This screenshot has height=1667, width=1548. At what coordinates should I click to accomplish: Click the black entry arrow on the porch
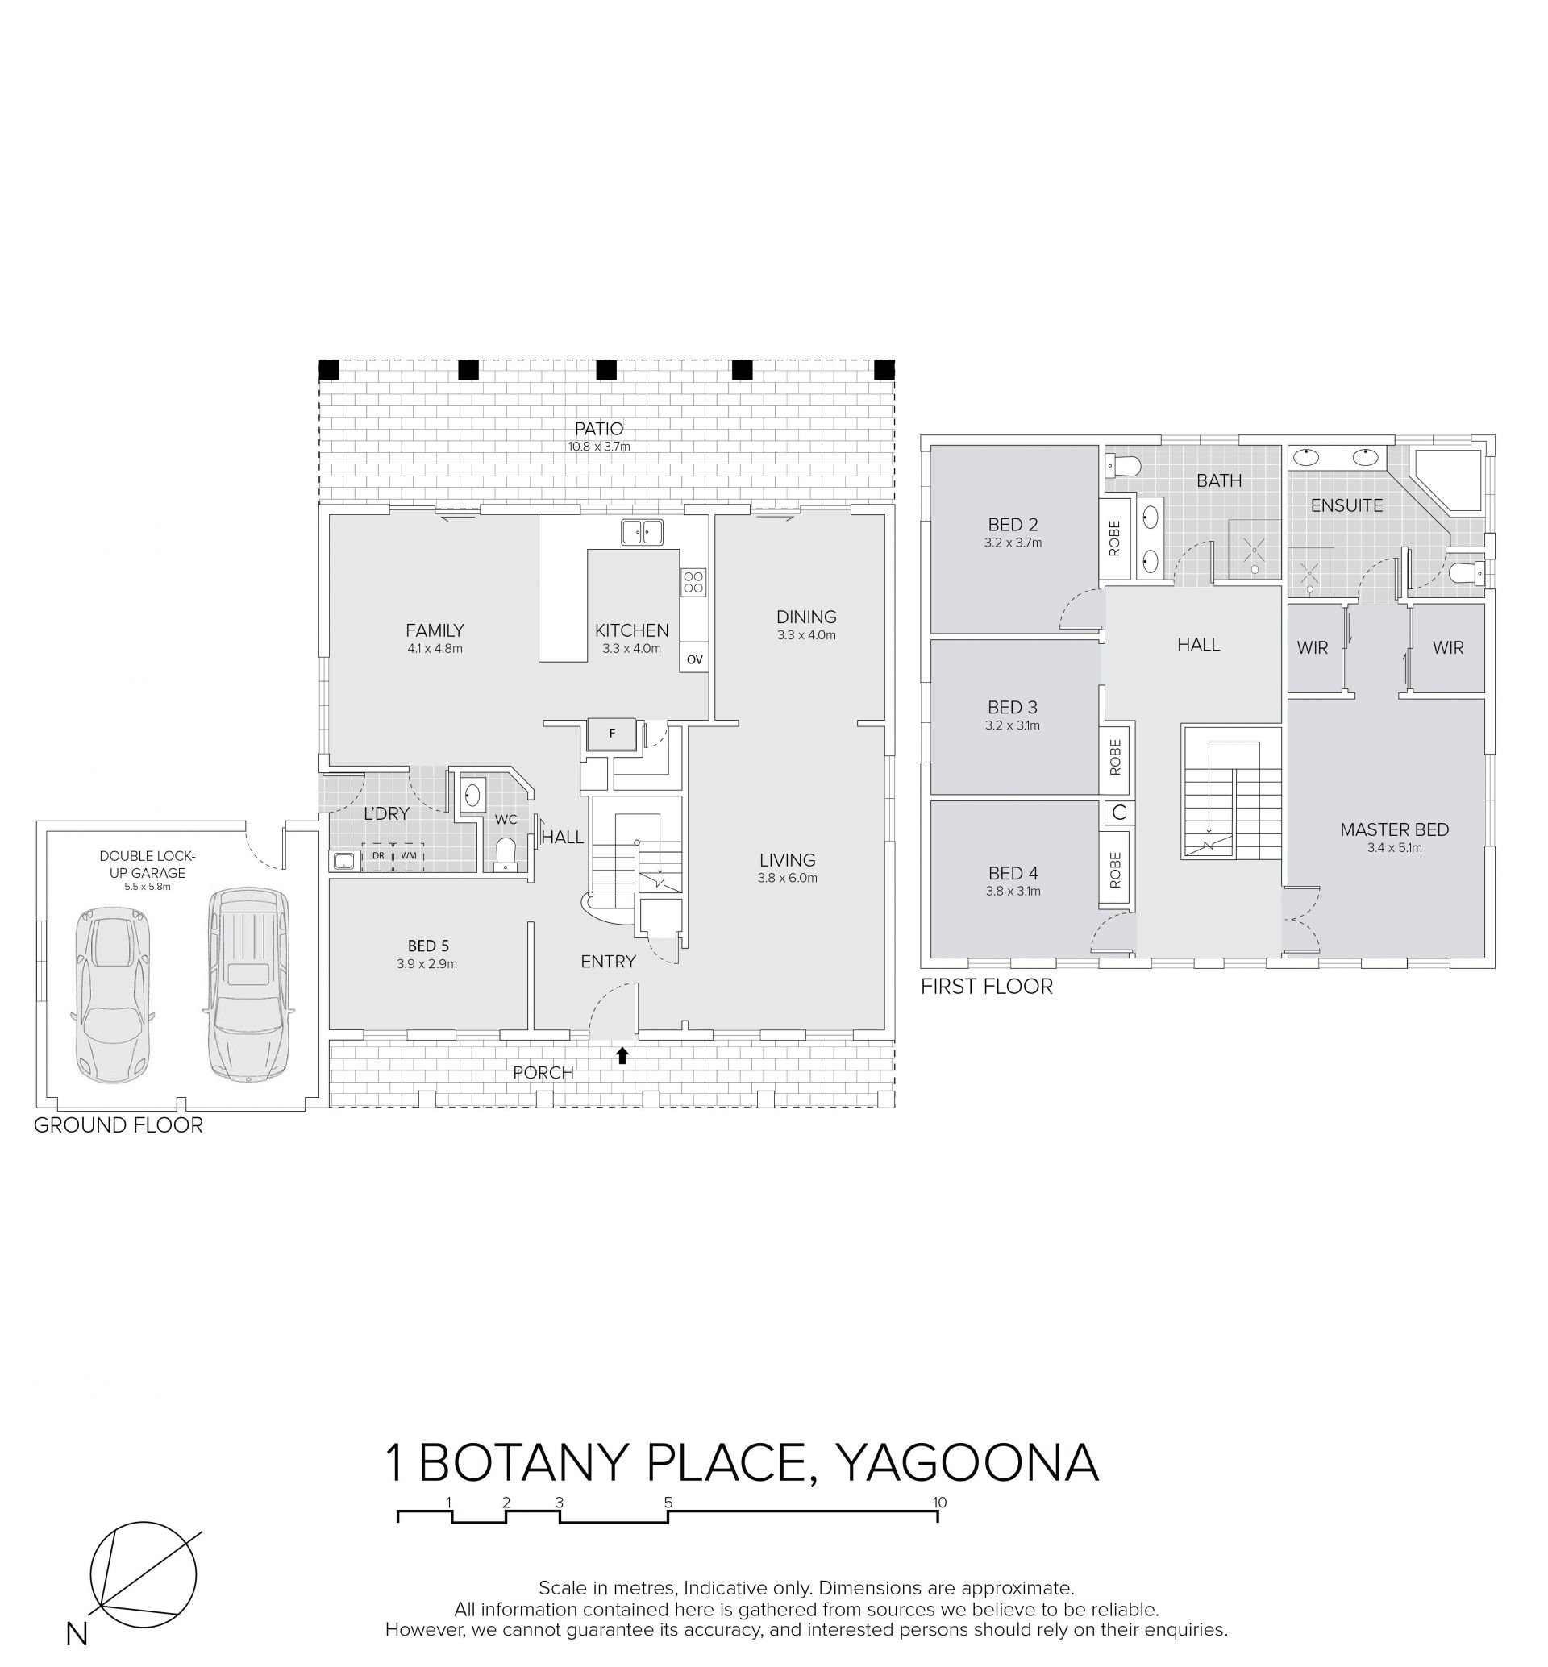[x=622, y=1055]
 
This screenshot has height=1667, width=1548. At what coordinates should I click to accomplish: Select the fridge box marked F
[x=612, y=734]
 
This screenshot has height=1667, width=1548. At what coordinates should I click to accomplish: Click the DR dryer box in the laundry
[x=378, y=856]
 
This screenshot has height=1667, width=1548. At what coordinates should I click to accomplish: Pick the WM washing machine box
[x=409, y=856]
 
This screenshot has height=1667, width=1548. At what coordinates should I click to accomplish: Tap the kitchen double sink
[x=643, y=531]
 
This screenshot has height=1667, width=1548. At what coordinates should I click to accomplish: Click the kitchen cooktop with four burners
[x=693, y=581]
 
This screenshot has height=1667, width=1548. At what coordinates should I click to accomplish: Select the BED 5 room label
[x=428, y=946]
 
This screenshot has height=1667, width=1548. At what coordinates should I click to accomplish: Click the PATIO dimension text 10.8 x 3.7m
[x=599, y=447]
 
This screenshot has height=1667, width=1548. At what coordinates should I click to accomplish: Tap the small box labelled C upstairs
[x=1119, y=812]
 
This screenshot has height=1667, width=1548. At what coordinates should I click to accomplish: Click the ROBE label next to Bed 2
[x=1115, y=538]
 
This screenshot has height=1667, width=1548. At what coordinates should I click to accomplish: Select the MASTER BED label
[x=1395, y=829]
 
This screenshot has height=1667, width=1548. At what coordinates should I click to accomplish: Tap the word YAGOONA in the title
[x=967, y=1462]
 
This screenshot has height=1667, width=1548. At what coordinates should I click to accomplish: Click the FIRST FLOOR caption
[x=987, y=986]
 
